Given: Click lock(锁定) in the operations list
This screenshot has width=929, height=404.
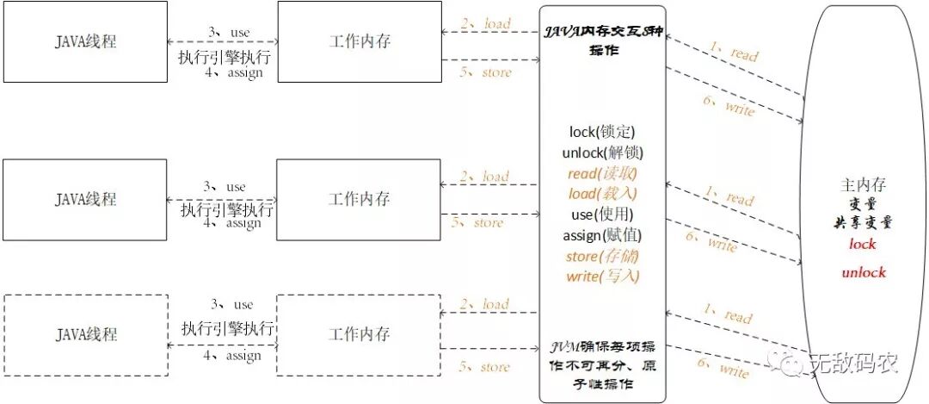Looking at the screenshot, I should point(601,133).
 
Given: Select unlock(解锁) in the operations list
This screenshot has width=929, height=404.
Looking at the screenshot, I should point(601,152).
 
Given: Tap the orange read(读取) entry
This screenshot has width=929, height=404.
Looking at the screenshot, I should point(601,173).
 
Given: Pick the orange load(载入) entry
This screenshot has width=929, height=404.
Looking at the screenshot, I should point(601,194).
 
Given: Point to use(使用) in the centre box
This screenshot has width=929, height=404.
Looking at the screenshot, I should point(601,214).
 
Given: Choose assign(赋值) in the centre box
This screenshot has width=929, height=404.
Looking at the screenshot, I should point(601,235).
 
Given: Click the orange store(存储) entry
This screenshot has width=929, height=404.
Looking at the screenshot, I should point(601,256).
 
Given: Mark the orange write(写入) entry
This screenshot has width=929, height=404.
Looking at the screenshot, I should point(601,277).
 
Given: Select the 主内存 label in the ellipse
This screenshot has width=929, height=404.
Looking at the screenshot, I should point(863,185).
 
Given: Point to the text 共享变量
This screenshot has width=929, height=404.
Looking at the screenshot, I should point(863,223).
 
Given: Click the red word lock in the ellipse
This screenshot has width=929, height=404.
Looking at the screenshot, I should point(862,244).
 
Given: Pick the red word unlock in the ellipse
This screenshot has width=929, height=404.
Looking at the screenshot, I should point(863,272).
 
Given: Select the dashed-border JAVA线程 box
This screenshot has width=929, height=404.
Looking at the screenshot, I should point(86,334).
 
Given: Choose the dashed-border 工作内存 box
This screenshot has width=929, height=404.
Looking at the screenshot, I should point(359,334).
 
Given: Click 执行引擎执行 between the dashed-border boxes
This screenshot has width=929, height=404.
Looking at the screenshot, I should point(227,328).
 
